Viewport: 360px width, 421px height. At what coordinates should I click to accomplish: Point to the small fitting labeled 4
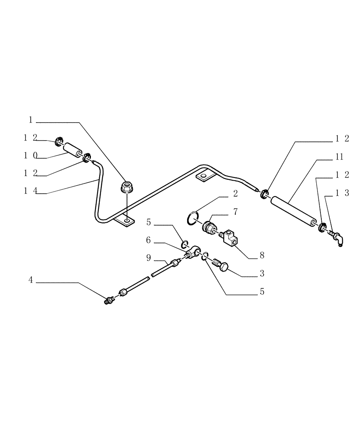[109, 300]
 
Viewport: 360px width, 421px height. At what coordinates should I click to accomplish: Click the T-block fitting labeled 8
[229, 237]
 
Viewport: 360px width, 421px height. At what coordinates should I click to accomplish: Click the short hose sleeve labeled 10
[73, 150]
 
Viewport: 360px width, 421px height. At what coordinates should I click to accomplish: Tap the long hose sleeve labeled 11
[294, 212]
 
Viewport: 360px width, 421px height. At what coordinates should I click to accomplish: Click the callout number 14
[30, 191]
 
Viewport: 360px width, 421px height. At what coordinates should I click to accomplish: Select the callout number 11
[340, 157]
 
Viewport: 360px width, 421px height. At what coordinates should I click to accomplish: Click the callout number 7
[235, 212]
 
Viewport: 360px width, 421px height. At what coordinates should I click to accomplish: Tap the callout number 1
[31, 120]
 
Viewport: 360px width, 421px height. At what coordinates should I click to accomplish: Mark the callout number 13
[342, 193]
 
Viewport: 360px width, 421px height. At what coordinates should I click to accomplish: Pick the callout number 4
[30, 279]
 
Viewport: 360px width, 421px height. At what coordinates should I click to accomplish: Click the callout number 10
[30, 155]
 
